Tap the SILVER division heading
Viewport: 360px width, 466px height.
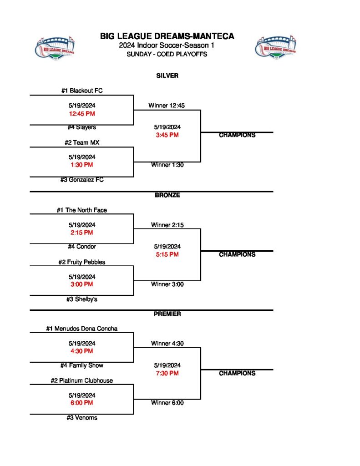167,76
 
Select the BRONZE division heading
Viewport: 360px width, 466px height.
167,195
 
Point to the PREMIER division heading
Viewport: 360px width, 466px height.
167,314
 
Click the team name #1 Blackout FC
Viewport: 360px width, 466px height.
82,91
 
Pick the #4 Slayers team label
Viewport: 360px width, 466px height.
82,127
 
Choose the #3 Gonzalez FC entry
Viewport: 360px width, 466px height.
82,180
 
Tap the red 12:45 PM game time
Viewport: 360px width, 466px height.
82,114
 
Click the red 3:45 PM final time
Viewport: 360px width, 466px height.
167,135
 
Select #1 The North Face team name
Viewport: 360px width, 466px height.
82,210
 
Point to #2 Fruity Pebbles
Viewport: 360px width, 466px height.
82,262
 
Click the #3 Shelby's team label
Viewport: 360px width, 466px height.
82,299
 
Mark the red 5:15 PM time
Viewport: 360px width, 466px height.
167,254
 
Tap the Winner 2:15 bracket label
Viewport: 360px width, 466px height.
167,225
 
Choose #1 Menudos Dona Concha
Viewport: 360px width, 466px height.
82,329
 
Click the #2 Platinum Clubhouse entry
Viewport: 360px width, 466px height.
82,380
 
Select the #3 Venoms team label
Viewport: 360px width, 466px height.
82,418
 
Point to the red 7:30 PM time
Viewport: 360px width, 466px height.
167,373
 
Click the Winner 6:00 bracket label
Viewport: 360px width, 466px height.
167,403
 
